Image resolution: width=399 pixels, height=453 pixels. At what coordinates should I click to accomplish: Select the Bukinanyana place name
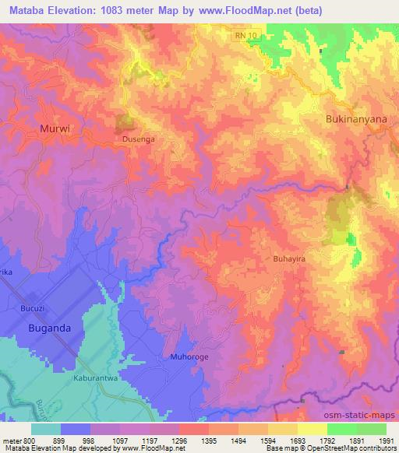(x=354, y=119)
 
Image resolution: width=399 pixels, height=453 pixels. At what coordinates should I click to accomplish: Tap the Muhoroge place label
(x=187, y=357)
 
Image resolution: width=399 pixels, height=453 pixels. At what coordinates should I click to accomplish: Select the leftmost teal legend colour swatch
(x=46, y=428)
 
